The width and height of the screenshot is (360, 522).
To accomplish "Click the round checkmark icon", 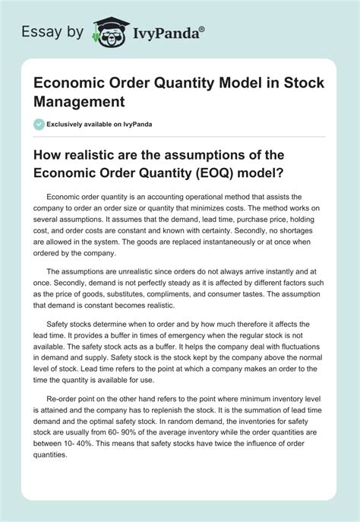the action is click(39, 124).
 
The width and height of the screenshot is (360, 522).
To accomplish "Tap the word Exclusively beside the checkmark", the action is click(72, 124).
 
